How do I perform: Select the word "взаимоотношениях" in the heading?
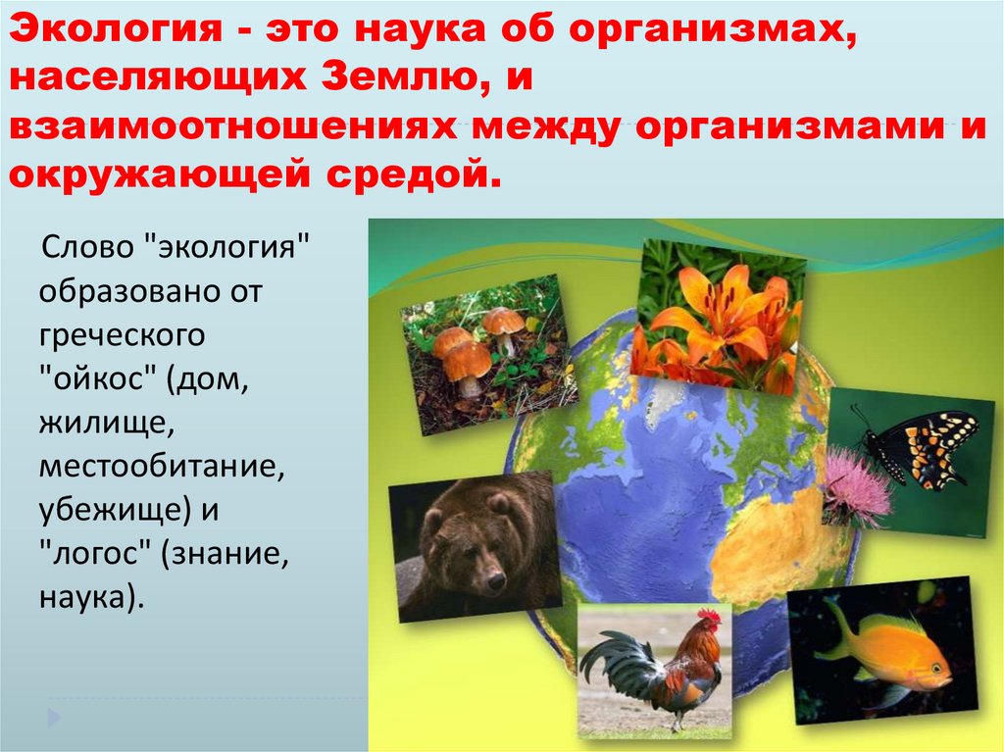coord(235,129)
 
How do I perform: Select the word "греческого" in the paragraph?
coord(123,335)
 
